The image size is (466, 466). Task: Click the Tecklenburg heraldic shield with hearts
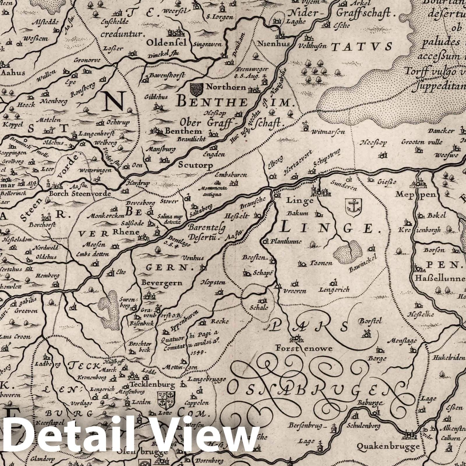point(163,399)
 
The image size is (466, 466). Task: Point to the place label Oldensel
point(166,43)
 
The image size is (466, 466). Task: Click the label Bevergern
point(162,283)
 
